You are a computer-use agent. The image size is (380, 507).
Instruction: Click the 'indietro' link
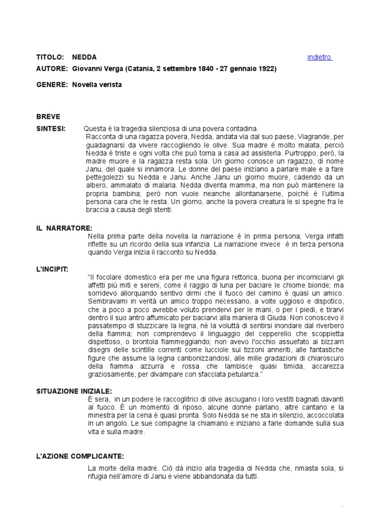(319, 57)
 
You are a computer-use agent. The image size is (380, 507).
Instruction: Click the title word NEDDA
(85, 57)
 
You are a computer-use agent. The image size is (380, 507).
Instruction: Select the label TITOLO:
(50, 57)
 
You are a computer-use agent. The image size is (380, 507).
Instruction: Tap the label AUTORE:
(51, 69)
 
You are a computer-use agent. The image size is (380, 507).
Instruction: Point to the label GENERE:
(51, 85)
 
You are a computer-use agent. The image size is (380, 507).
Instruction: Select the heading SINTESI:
(50, 128)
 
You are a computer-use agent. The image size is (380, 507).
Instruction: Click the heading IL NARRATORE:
(64, 228)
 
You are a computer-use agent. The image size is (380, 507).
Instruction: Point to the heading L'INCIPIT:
(52, 269)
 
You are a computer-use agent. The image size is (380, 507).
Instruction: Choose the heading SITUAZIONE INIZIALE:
(75, 391)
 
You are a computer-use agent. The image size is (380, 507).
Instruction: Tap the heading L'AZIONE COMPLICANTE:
(80, 456)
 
